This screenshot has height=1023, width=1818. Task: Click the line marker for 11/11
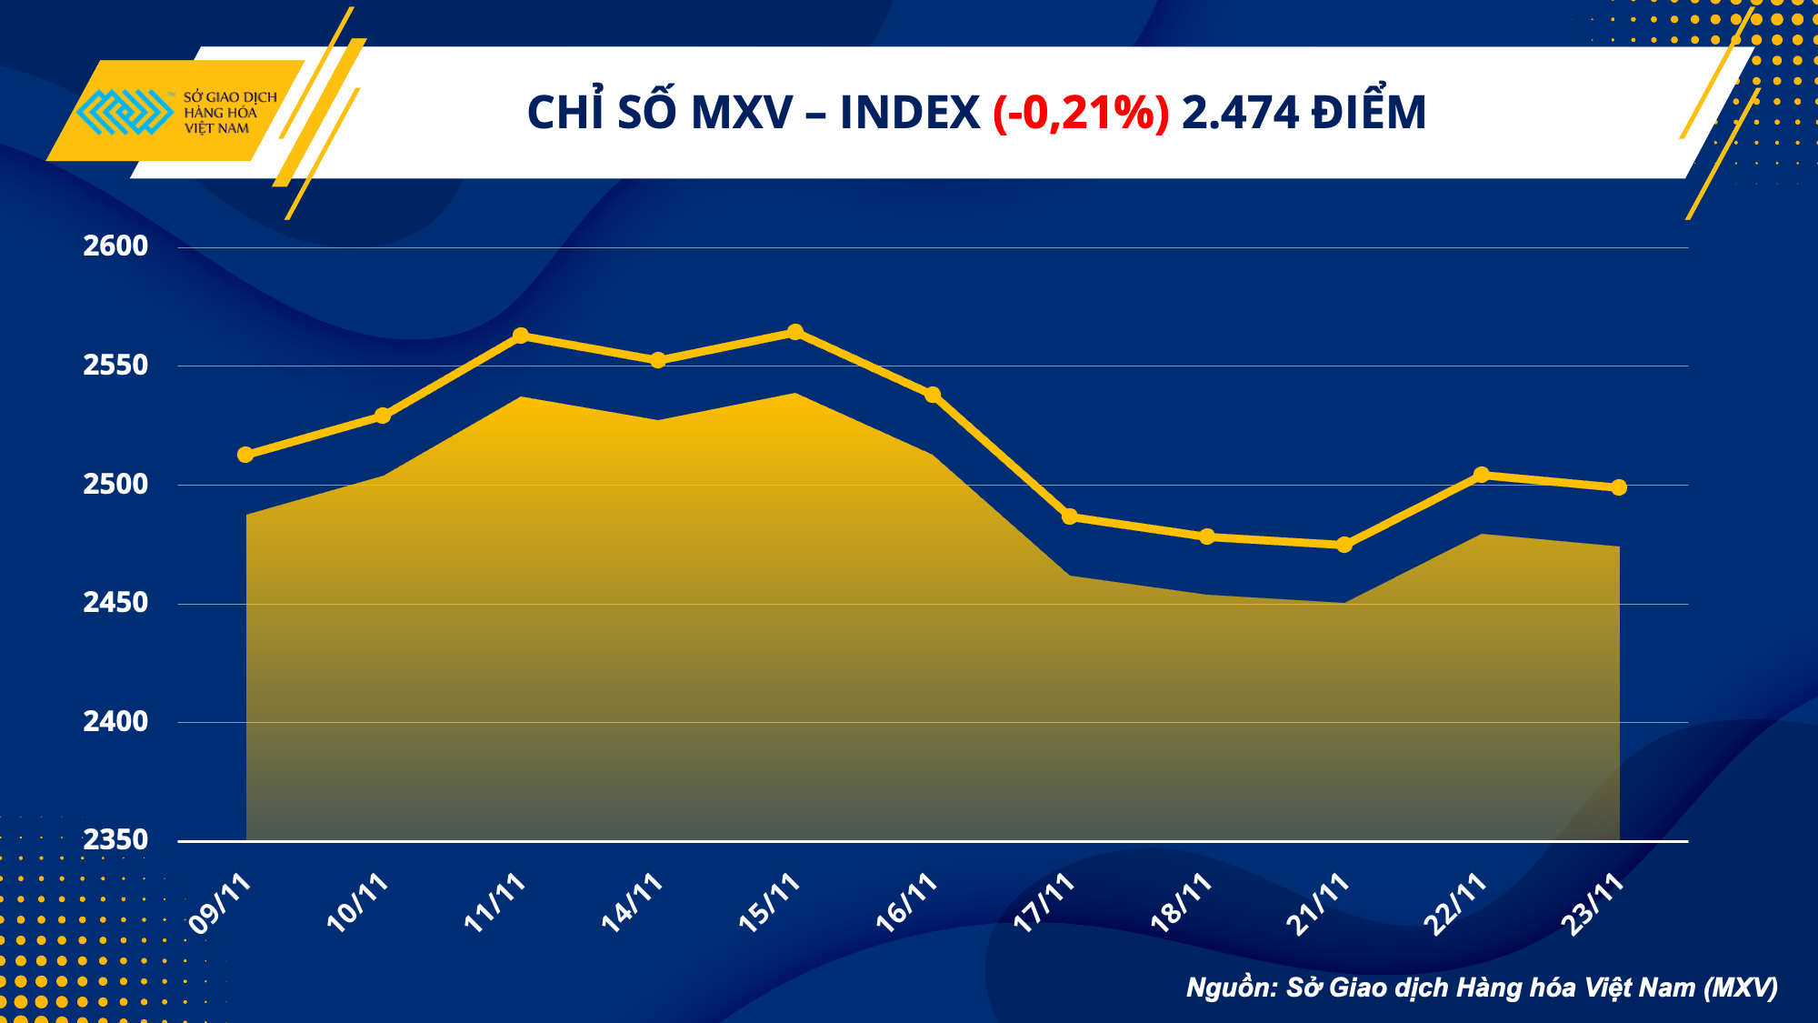(521, 336)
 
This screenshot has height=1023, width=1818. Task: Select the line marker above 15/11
(795, 332)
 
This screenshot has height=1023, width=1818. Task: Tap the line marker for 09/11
(245, 455)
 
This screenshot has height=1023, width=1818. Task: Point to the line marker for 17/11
(1070, 517)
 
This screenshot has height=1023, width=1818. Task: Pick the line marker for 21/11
(1344, 545)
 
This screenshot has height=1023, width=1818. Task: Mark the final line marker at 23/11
(1619, 487)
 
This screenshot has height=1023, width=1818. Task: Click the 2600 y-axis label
(115, 246)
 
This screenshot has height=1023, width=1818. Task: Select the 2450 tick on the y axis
(115, 602)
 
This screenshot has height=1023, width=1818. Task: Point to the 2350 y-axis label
(115, 839)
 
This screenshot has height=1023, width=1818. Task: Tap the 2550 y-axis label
(115, 365)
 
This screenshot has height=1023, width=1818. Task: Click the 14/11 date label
(632, 902)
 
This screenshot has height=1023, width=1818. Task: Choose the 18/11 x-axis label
(1181, 902)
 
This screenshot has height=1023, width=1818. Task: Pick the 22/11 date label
(1454, 903)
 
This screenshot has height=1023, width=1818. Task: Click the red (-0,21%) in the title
(1081, 113)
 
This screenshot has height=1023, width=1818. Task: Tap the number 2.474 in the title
(1240, 113)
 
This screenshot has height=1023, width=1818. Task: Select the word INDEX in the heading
(910, 113)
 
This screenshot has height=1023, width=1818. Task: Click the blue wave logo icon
(125, 112)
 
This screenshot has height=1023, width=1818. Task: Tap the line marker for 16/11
(933, 395)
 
